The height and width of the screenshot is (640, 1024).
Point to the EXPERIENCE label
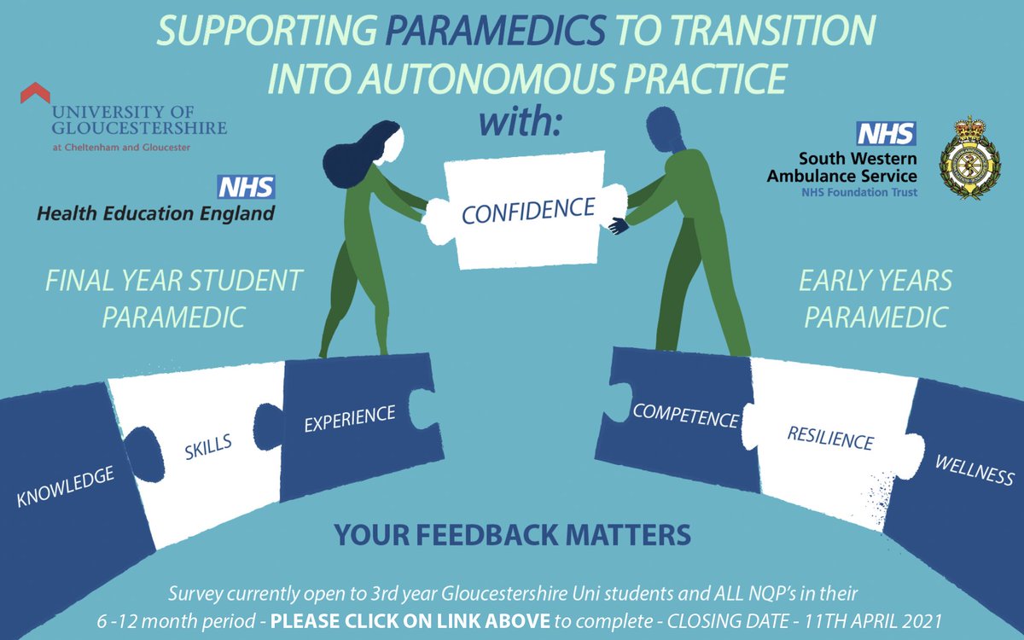click(x=350, y=417)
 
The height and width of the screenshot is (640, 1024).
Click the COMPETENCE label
click(x=684, y=416)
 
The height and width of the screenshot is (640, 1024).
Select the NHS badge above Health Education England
click(x=247, y=187)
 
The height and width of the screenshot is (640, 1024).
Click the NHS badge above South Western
click(x=887, y=134)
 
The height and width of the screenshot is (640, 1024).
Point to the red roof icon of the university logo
click(x=35, y=91)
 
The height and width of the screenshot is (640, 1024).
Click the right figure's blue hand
click(x=616, y=225)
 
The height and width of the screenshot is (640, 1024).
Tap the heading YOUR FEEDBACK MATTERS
click(x=512, y=535)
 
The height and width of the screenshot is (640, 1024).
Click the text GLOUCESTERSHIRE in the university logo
click(x=138, y=128)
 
